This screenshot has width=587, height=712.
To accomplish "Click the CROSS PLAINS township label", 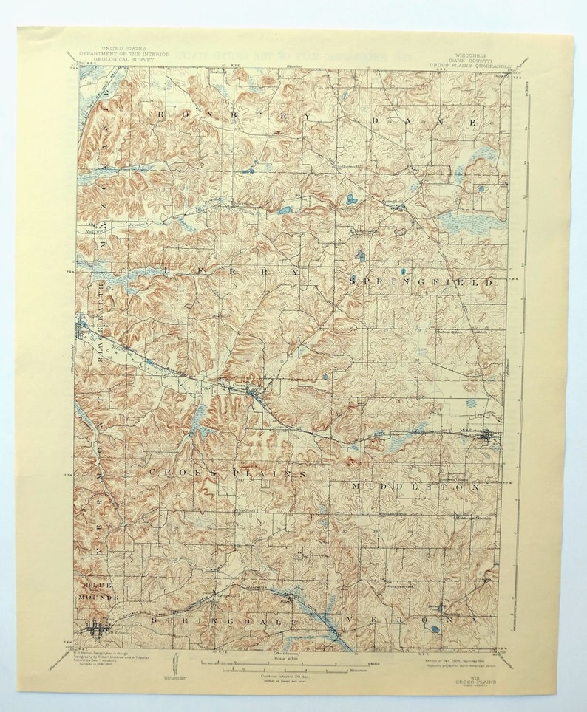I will point(228,472).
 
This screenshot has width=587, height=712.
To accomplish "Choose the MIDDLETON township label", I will point(415,487).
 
